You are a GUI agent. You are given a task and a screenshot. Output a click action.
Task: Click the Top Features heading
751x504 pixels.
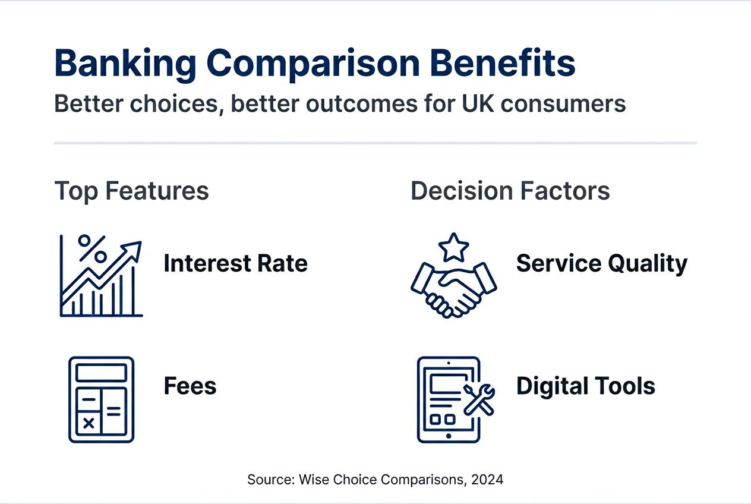point(131,191)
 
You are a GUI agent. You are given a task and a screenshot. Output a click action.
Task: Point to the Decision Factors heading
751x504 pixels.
point(510,191)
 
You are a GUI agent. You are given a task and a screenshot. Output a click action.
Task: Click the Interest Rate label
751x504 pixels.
point(235,263)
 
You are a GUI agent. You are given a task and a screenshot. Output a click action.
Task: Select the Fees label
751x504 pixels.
point(190,386)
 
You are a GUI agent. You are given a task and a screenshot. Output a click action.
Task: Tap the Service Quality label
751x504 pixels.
point(601,263)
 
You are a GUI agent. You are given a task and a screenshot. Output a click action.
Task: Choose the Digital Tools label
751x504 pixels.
point(585,386)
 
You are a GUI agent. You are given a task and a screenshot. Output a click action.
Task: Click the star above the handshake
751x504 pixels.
point(454,248)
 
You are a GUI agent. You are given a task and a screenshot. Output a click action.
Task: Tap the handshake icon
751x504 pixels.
point(453,288)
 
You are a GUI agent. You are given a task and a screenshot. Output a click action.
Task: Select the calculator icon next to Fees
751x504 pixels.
point(101,399)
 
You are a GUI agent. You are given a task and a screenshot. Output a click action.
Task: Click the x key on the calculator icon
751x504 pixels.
point(89,423)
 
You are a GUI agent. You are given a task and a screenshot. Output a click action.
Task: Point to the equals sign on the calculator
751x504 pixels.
point(113,411)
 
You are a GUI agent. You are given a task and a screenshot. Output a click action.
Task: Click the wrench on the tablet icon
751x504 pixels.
point(478,398)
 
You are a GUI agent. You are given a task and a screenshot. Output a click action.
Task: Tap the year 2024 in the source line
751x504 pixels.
point(488,480)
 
